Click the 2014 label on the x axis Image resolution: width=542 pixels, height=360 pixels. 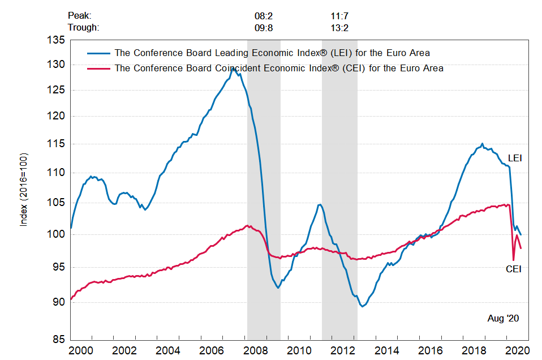[x=390, y=350]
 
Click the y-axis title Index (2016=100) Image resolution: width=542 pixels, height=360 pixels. [x=24, y=190]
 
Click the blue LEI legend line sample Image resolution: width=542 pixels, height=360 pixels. [x=99, y=53]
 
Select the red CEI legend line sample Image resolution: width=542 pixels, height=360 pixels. [x=99, y=68]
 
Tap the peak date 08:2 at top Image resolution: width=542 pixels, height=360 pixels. [x=264, y=16]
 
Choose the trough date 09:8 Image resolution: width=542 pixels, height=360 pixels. [x=264, y=27]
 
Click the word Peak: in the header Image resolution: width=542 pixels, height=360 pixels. [x=79, y=16]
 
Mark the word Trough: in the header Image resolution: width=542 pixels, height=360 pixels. [x=83, y=27]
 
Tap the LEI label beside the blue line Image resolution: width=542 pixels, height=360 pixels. [x=514, y=158]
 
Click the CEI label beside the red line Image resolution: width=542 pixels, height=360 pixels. [x=513, y=269]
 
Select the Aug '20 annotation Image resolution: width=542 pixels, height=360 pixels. [x=504, y=319]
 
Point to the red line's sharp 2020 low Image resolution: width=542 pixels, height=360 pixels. [x=513, y=260]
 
